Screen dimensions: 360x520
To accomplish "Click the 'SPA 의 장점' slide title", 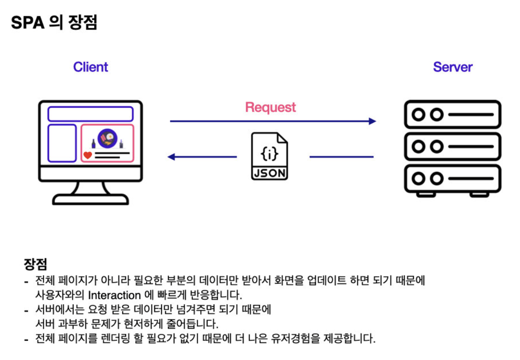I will coord(54,23).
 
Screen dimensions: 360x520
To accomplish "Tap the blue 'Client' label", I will coord(91,67).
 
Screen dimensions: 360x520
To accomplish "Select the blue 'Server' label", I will coord(452,67).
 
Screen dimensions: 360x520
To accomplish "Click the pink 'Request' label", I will coord(270,107).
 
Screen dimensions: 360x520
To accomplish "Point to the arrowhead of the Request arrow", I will coord(372,121).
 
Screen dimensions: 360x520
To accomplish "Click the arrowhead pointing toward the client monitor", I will coord(171,157).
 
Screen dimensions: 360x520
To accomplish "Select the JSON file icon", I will coord(270,156).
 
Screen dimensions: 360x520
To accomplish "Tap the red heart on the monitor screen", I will coord(88,155).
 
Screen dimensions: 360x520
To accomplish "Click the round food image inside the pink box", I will coord(107,137).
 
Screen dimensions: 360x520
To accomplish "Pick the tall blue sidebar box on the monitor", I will coord(62,143).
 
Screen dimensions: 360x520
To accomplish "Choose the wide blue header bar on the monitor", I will coord(90,114).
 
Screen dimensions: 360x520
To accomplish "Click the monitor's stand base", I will coord(90,200).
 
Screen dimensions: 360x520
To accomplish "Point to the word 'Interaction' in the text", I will coord(114,295).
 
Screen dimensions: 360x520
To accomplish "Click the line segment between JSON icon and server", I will coord(341,157).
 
